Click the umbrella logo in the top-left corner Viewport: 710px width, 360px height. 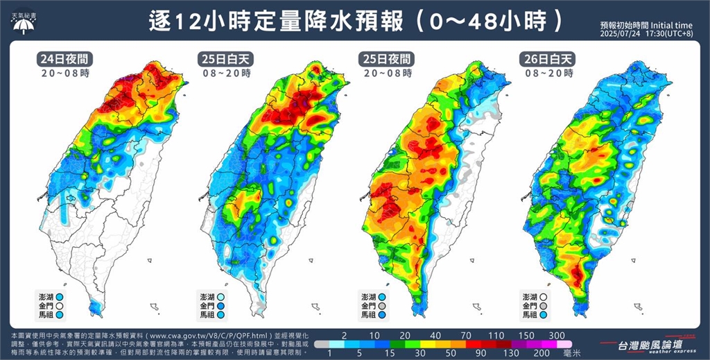[x=25, y=26]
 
